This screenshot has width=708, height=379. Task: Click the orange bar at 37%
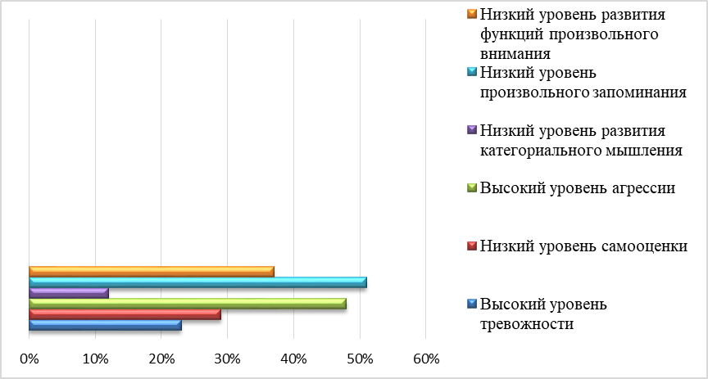pyautogui.click(x=152, y=272)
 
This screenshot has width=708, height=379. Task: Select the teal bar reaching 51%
pyautogui.click(x=197, y=282)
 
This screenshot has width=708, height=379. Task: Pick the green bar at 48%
pyautogui.click(x=188, y=304)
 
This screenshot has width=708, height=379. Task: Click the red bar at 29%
pyautogui.click(x=125, y=314)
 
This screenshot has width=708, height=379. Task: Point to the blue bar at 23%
pyautogui.click(x=105, y=325)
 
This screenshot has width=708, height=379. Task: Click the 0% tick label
pyautogui.click(x=29, y=359)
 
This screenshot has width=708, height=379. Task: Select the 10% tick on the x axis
pyautogui.click(x=95, y=359)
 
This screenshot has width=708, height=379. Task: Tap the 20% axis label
pyautogui.click(x=161, y=359)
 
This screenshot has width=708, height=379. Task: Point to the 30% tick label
pyautogui.click(x=227, y=359)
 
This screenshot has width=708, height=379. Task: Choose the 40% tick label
pyautogui.click(x=293, y=359)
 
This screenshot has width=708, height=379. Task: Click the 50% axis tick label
pyautogui.click(x=359, y=359)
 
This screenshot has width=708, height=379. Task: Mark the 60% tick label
pyautogui.click(x=425, y=359)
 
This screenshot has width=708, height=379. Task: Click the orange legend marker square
pyautogui.click(x=470, y=14)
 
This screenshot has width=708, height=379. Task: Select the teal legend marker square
pyautogui.click(x=470, y=73)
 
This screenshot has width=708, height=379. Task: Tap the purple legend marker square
pyautogui.click(x=470, y=130)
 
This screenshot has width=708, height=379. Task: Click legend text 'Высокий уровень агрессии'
pyautogui.click(x=578, y=188)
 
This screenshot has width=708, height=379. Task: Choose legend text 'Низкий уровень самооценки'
pyautogui.click(x=583, y=246)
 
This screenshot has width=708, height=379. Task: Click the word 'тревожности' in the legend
pyautogui.click(x=527, y=323)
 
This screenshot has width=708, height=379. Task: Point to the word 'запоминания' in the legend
pyautogui.click(x=639, y=91)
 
